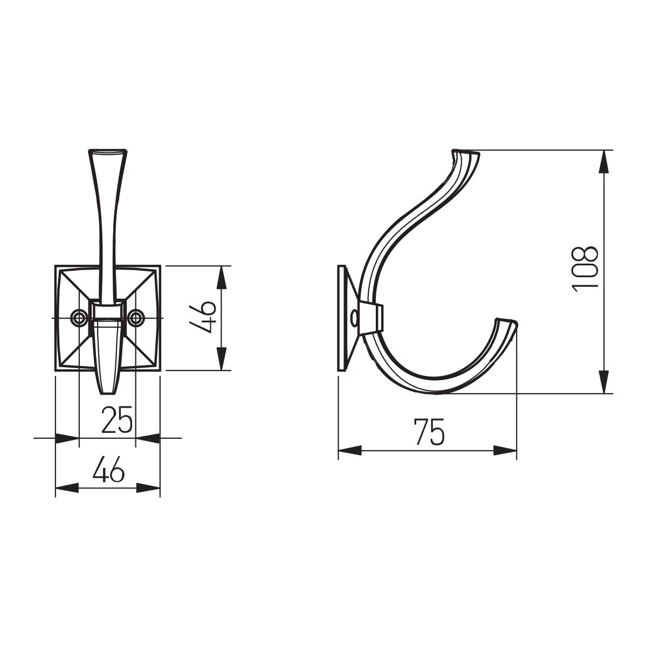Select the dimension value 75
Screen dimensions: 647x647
[429, 432]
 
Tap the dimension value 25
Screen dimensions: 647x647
[117, 419]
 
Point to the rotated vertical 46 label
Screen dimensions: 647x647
[202, 316]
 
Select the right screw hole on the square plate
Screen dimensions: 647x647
[136, 317]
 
